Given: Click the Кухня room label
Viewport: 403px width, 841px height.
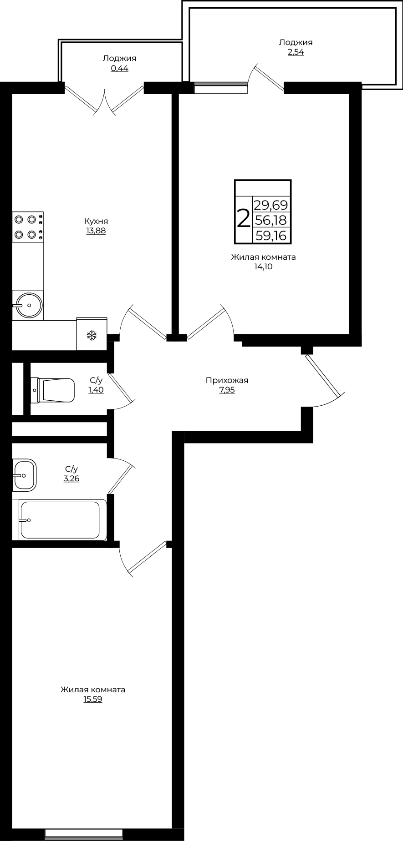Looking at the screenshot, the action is coord(96,221).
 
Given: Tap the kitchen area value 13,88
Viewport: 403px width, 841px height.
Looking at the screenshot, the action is coord(96,231).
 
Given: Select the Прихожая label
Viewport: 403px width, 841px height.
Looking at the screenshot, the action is coord(227,380).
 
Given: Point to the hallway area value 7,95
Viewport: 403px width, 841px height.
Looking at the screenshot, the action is coord(227,390).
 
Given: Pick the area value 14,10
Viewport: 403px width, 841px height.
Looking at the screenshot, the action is coord(263,267).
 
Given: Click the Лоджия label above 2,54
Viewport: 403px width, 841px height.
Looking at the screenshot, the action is coord(296,42).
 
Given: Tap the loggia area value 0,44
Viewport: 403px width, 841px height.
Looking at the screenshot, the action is coord(119,68).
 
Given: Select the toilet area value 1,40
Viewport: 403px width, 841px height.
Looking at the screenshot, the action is coord(96,390).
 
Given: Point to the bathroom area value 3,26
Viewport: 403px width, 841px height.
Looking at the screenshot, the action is coord(71,478).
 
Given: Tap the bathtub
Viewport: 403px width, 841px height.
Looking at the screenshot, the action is coord(60,519).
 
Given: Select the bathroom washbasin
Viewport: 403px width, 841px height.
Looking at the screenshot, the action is coord(24,475).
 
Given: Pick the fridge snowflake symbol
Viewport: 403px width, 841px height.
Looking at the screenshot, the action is coord(92,336).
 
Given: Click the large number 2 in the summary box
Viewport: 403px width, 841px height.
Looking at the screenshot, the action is coord(244,219).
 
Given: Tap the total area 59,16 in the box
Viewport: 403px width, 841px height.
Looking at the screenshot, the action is coord(271,236).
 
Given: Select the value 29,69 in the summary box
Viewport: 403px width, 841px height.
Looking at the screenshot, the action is coord(271,204).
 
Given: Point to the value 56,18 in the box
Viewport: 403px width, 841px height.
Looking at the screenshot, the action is coord(271,220).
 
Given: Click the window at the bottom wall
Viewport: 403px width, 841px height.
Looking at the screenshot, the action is coord(84,833).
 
